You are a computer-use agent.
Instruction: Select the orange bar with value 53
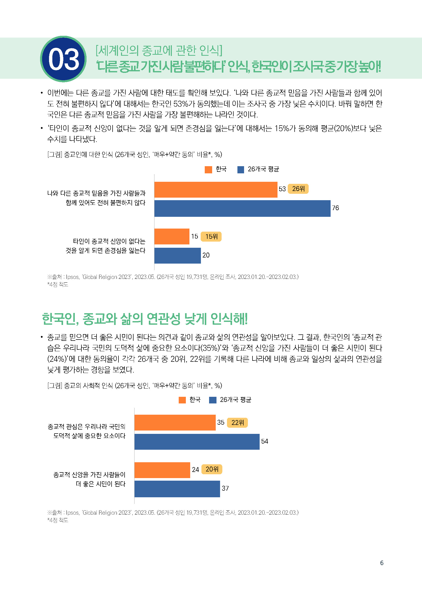pos(215,190)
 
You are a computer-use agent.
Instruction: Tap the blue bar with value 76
pos(242,208)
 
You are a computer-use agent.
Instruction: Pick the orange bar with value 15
pos(172,236)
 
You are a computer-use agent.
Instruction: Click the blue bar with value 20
pos(177,255)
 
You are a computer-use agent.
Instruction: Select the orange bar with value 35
pos(175,422)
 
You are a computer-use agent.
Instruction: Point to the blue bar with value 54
pos(197,442)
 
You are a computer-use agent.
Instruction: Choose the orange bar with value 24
pos(162,470)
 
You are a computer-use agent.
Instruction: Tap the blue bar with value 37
pos(177,489)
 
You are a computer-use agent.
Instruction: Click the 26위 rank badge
pos(298,189)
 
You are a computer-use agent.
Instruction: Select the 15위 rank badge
pos(211,236)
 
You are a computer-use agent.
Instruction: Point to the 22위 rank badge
pos(237,422)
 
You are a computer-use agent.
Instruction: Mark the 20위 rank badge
pos(212,469)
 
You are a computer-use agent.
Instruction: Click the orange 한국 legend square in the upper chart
pos(208,170)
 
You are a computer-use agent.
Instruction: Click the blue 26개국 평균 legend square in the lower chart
pos(213,400)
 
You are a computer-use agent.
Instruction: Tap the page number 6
pos(381,563)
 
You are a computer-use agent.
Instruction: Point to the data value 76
pos(335,208)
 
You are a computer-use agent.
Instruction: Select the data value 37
pos(225,488)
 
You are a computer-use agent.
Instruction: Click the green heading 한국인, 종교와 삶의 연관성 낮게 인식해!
pos(144,319)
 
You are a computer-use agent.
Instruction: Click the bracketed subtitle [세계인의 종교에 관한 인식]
pos(159,51)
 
